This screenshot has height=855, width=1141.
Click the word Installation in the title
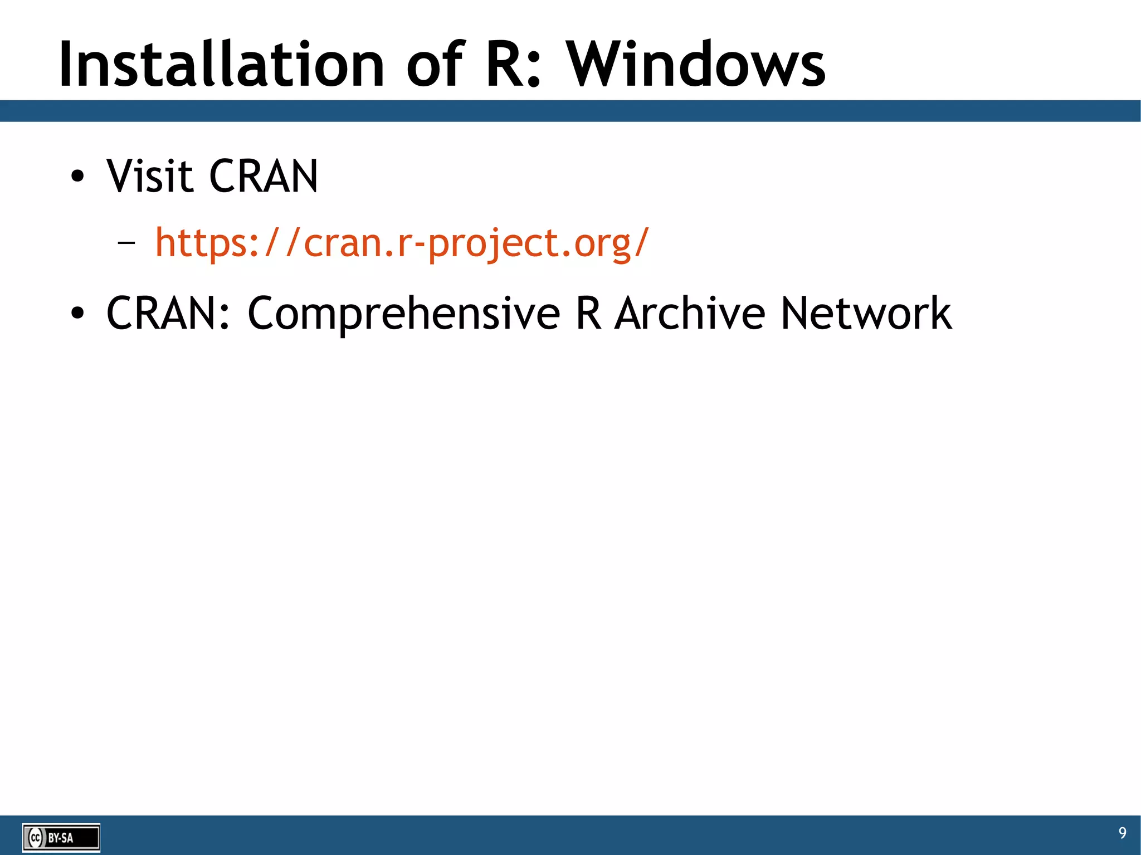coord(221,66)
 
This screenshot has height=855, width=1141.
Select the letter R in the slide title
coord(506,66)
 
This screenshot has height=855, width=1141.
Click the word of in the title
coord(435,66)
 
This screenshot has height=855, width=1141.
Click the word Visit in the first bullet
coord(149,177)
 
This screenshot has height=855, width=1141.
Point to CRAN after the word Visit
coord(264,177)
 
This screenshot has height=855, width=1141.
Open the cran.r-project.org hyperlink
coord(402,243)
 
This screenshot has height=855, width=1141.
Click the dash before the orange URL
coord(127,243)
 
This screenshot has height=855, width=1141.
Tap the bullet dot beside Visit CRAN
coord(77,177)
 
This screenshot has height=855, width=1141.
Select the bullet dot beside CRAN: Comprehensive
coord(77,314)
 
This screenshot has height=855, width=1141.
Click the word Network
coord(866,314)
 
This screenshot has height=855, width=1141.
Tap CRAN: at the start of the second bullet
coord(168,314)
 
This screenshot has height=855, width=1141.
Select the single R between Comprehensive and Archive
coord(588,314)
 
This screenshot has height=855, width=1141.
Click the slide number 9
coord(1122,833)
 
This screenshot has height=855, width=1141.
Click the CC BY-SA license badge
coord(61,837)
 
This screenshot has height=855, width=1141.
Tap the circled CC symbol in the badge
coord(36,837)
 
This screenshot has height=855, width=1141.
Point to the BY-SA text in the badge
coord(60,838)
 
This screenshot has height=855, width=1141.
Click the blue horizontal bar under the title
coord(570,111)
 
